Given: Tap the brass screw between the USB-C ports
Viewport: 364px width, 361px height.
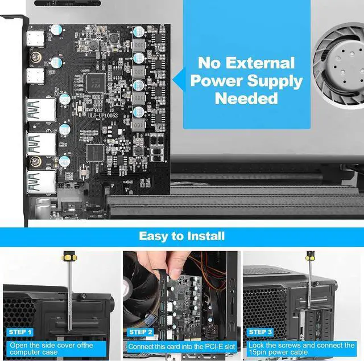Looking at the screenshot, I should click(35, 57).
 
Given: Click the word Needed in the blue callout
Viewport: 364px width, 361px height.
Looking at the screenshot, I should click(247, 98).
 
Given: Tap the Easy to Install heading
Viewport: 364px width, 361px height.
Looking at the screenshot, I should click(182, 235).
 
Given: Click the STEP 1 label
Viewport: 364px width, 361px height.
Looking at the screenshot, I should click(20, 331).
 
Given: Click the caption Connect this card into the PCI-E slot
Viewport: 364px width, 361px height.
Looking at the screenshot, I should click(181, 346).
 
